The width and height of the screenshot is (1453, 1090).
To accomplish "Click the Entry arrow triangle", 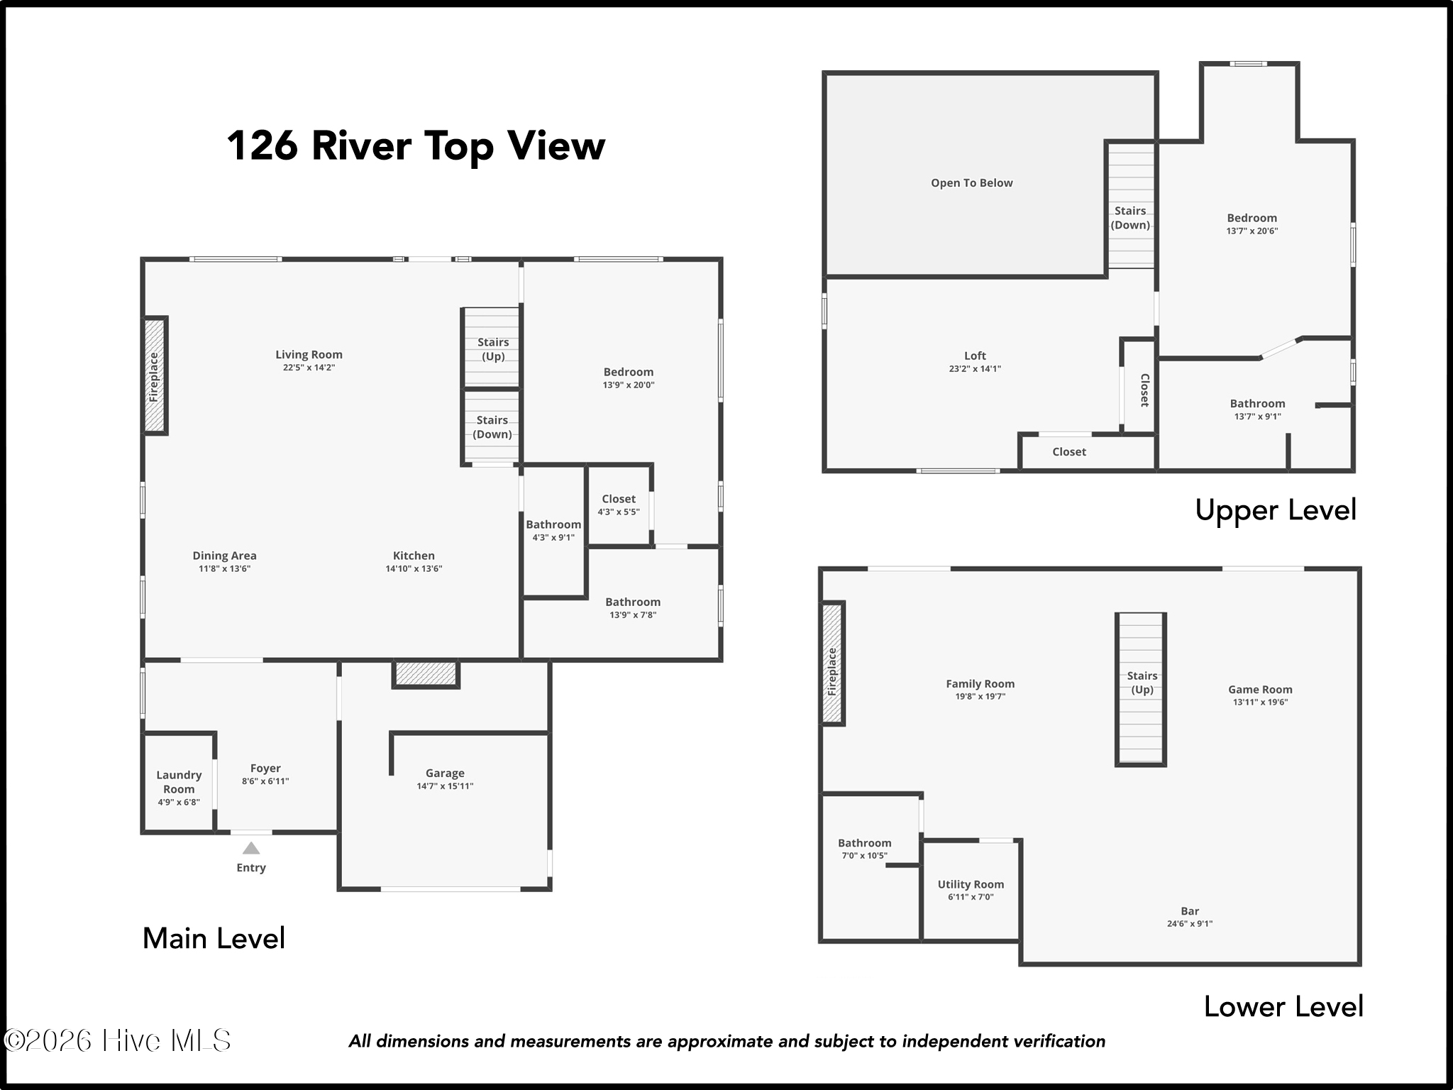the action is point(251,848).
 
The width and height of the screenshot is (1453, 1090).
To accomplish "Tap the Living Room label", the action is point(309,355).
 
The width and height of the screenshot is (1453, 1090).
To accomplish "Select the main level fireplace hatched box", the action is point(155,375).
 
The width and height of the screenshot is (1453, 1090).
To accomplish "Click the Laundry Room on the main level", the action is point(179,782).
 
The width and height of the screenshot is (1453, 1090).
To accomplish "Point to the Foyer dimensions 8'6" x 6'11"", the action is point(265,781).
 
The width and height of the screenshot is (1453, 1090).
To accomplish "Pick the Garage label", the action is point(445,774).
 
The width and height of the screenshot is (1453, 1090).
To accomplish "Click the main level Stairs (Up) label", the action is point(493,349).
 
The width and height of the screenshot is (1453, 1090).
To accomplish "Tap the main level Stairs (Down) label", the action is point(492,427).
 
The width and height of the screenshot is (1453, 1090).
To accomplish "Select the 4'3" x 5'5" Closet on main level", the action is point(619,505).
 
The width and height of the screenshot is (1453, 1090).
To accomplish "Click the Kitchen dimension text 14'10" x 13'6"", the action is point(414,568).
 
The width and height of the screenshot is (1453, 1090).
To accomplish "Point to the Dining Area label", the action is point(224,556).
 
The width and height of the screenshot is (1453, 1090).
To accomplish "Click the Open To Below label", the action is point(972,183).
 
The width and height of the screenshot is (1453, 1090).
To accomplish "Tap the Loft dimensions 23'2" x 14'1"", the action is point(975,369).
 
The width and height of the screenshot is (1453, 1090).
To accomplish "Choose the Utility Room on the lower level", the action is point(971,890).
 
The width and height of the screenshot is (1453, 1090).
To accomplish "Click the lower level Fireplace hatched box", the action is point(832,664).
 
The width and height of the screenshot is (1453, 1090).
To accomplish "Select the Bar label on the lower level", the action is point(1190,911).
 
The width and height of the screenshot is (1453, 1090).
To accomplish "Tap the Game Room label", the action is point(1260,689).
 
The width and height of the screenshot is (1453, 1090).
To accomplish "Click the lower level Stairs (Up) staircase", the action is point(1141,689).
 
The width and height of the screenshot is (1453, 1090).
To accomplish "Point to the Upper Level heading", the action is point(1276,510).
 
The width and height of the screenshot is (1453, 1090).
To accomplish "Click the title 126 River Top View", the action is point(416,145).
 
